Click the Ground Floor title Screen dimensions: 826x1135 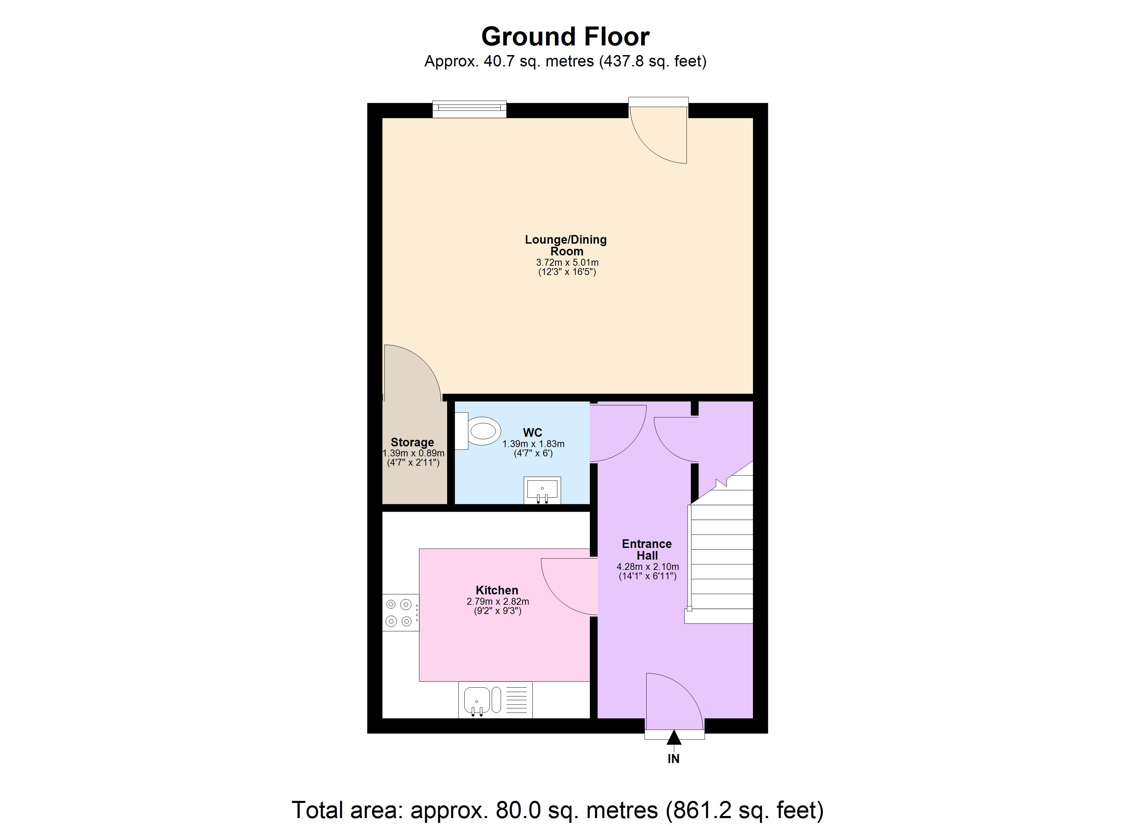[x=565, y=36]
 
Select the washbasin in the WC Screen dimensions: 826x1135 [x=542, y=489]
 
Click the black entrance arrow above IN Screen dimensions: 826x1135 [x=673, y=738]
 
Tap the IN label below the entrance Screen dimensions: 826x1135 [x=673, y=759]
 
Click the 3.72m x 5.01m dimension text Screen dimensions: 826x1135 [x=567, y=263]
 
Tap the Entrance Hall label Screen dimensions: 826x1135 [x=647, y=550]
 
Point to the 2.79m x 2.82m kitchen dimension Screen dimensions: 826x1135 [x=497, y=602]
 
